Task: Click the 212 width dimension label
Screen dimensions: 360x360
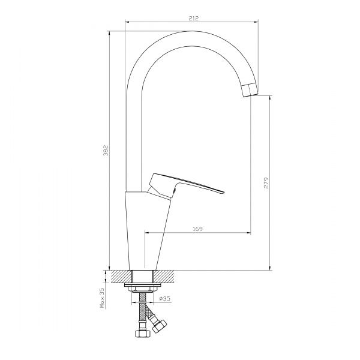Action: (193, 18)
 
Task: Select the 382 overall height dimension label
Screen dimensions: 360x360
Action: (106, 151)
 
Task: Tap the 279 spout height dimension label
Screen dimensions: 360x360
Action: (266, 183)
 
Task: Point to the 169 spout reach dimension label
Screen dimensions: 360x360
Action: (197, 229)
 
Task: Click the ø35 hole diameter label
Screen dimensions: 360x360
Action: (164, 298)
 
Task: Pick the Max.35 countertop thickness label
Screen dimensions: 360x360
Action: (102, 298)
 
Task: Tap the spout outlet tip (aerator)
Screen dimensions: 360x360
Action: (250, 90)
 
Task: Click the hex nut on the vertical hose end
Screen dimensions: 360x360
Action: (142, 333)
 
